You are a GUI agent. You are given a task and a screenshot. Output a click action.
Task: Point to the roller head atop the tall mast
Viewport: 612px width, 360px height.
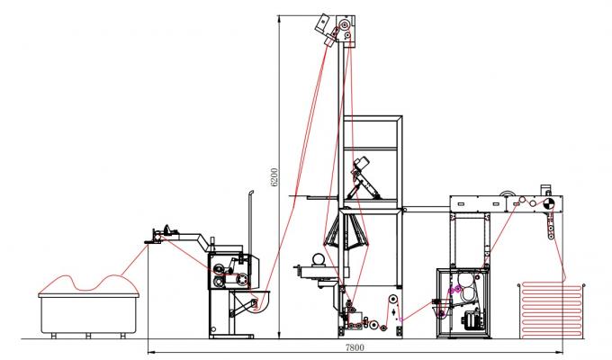[341, 31]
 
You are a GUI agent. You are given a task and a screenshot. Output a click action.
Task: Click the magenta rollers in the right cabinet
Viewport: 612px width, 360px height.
[454, 289]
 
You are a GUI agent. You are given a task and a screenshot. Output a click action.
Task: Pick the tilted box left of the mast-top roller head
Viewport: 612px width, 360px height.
[320, 24]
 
